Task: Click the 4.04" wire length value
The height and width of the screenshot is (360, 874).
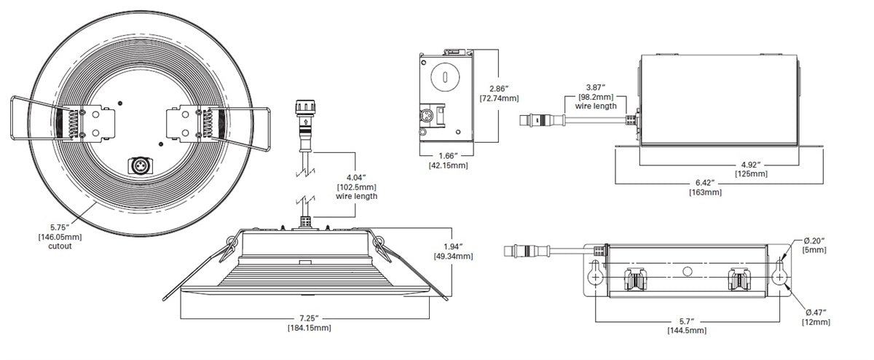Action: [356, 177]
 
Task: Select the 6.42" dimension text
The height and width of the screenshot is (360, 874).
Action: [704, 183]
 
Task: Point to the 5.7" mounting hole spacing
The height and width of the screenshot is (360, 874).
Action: [686, 321]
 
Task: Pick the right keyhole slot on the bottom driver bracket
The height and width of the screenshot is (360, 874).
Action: [780, 275]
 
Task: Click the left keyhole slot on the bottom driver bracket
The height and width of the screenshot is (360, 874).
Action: [596, 275]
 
